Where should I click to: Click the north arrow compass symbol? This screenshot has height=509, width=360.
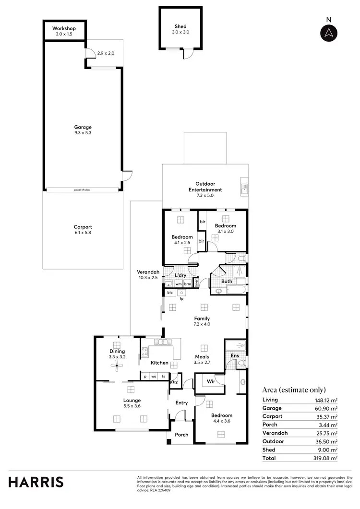tap(329, 33)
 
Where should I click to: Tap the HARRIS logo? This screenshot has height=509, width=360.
tap(36, 482)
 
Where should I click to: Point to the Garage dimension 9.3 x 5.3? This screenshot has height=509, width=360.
tap(83, 133)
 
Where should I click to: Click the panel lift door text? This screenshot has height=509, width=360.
tap(83, 190)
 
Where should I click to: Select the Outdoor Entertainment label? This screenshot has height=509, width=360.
tap(205, 187)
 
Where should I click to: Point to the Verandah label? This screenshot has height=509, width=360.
tap(148, 274)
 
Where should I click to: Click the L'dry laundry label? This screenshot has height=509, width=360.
tap(180, 275)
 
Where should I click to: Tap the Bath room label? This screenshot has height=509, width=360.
tap(227, 281)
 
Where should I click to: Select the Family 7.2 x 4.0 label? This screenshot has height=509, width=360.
tap(202, 321)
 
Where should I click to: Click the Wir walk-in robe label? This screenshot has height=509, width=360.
tap(210, 382)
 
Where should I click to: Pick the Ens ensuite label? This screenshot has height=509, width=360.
tap(235, 355)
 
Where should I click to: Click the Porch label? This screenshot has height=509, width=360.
tap(181, 435)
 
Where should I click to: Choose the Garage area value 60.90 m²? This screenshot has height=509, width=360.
tap(327, 408)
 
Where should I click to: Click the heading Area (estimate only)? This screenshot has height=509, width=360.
tap(294, 390)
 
